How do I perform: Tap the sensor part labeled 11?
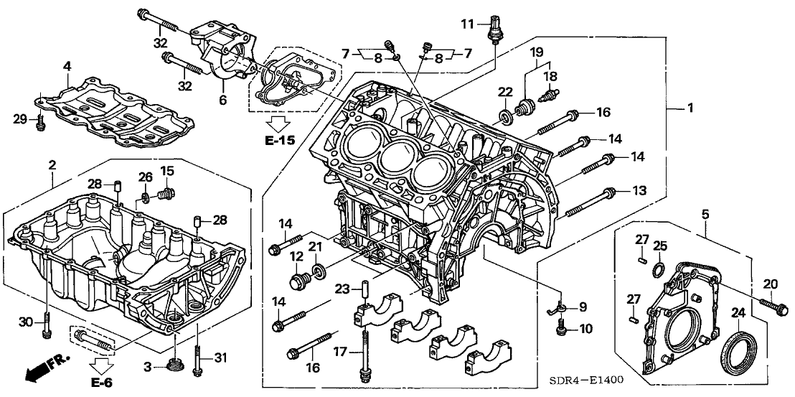pyautogui.click(x=494, y=29)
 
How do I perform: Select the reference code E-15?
pyautogui.click(x=278, y=141)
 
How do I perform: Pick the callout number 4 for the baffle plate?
pyautogui.click(x=67, y=67)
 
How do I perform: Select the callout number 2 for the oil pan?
pyautogui.click(x=52, y=166)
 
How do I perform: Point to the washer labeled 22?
pyautogui.click(x=507, y=114)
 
